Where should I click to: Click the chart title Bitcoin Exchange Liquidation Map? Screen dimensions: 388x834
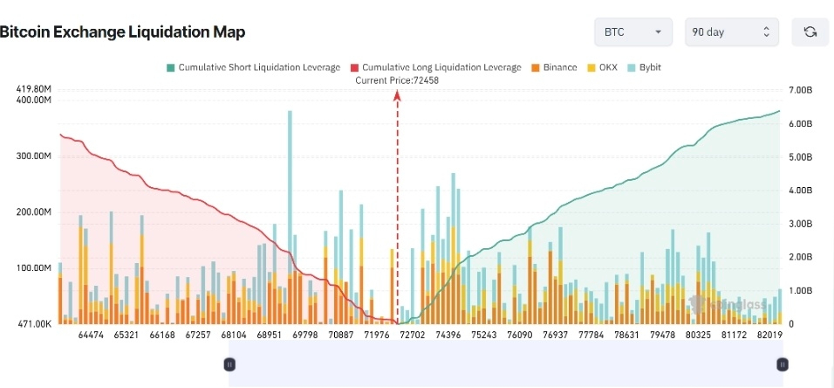coord(122,32)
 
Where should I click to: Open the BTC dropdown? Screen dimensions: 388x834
coord(632,32)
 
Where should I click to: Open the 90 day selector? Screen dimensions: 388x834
coord(731,32)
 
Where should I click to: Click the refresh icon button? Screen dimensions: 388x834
coord(810,32)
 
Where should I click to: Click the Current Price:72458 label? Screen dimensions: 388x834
coord(397,80)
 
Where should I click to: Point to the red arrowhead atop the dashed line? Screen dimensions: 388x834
coord(397,96)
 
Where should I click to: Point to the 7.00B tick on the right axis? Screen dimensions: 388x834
coord(800,90)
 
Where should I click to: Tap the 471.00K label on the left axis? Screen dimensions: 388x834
coord(34,324)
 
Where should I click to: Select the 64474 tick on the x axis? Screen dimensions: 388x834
coord(91,335)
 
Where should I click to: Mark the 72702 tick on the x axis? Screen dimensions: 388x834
coord(411,335)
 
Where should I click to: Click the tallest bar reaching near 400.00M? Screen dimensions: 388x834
coord(290,218)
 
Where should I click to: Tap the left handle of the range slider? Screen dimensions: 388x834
coord(229,364)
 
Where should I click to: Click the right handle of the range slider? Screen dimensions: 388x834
coord(783,364)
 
